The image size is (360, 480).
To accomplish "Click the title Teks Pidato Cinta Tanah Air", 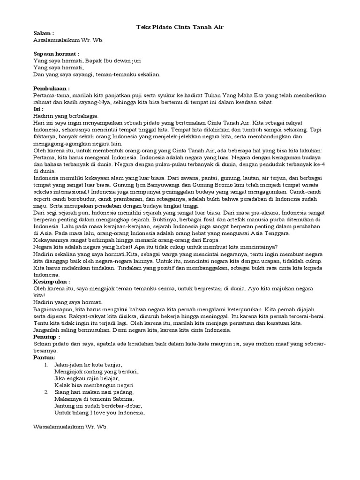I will tap(180, 27).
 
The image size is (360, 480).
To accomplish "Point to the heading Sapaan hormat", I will tap(56, 54).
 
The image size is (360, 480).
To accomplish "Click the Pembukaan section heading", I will tap(52, 88).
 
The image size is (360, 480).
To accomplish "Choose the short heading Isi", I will tap(39, 108).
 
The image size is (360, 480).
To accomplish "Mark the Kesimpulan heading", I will tap(52, 282).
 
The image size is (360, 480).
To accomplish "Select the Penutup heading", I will tap(46, 337).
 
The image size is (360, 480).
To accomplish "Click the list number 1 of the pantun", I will tap(46, 364).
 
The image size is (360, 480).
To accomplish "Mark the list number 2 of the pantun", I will tap(46, 392).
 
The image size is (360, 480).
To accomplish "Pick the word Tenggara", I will tap(275, 233).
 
